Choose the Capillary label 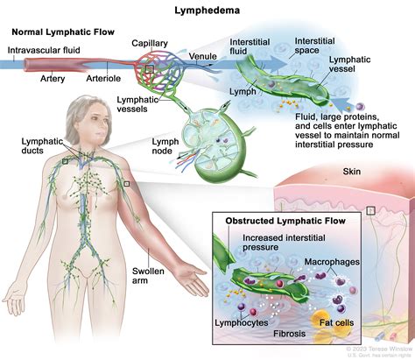[x=149, y=42]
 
